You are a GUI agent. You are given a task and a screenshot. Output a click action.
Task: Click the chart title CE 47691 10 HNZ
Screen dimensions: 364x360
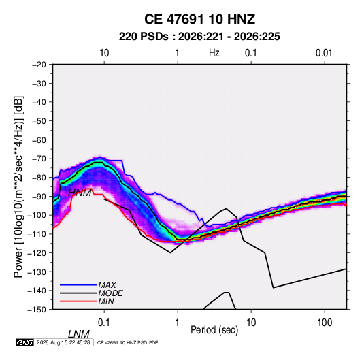pos(199,19)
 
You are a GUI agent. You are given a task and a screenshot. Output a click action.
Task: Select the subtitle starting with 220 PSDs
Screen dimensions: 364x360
pos(199,37)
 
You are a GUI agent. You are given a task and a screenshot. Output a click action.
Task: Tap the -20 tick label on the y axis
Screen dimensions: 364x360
pos(39,65)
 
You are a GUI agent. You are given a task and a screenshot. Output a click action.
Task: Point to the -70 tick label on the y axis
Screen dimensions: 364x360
pos(39,159)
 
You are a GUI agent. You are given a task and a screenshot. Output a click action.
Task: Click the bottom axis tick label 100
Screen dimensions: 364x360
pos(325,323)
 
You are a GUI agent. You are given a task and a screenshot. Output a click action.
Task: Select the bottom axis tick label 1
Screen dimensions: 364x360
pos(178,323)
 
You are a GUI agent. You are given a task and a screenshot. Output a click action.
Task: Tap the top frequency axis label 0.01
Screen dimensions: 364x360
pos(324,53)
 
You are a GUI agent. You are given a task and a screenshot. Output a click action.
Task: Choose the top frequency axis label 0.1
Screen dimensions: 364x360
pos(251,53)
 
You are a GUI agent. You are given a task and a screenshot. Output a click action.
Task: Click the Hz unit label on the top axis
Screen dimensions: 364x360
pos(214,53)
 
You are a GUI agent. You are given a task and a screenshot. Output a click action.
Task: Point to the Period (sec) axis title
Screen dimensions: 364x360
pos(214,330)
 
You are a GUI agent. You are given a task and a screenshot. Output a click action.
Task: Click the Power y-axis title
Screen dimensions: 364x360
pos(18,187)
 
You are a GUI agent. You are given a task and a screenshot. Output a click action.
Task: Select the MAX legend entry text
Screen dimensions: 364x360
pos(107,285)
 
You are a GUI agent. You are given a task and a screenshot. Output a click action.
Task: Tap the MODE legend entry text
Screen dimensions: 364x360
pos(110,293)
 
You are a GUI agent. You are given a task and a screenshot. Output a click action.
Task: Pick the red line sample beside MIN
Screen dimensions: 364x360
pos(78,301)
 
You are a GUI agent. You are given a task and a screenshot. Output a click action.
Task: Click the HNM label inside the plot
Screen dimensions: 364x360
pos(80,193)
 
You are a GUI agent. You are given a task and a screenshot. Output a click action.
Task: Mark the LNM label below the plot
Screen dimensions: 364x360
pos(79,334)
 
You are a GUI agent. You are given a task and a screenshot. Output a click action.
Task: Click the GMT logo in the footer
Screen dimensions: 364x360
pos(25,342)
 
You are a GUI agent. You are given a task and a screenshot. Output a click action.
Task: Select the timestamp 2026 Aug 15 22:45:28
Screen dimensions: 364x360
pos(63,342)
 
